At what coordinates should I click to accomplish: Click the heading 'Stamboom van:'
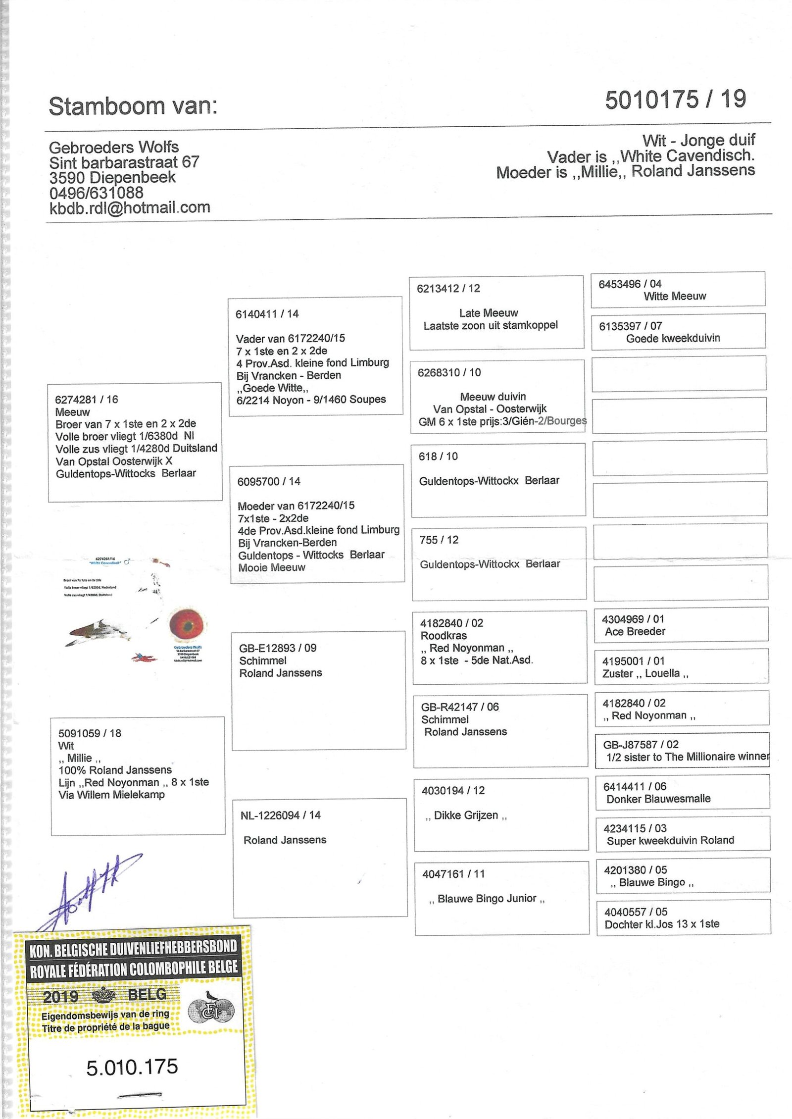point(133,106)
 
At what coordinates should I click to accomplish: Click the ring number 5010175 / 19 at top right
point(675,100)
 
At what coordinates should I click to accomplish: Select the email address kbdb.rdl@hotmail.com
point(130,207)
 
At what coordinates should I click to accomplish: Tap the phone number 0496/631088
point(97,193)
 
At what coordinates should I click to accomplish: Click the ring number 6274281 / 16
point(87,400)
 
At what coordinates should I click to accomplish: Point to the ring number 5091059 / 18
point(90,733)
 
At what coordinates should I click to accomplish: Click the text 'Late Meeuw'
point(488,313)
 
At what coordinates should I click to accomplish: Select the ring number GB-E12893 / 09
point(278,648)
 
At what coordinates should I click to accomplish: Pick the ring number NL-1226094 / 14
point(280,815)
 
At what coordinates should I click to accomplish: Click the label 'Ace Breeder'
point(635,631)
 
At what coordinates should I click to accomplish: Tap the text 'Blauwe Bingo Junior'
point(487,898)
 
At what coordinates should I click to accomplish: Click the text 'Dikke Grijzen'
point(466,815)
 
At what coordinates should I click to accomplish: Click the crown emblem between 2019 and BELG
point(103,994)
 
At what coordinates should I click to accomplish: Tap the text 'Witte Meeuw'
point(675,296)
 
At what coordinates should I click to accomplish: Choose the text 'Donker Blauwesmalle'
point(658,799)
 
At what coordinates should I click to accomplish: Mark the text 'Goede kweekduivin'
point(673,338)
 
